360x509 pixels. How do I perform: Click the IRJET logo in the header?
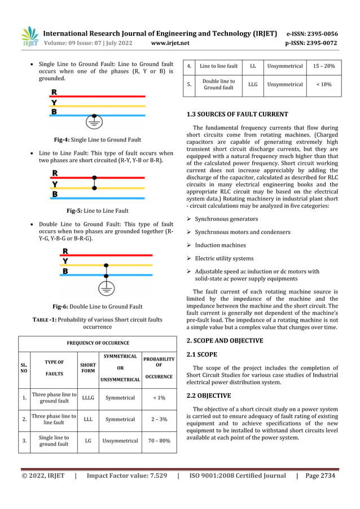[x=30, y=36]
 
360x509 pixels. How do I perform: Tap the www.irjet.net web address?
[x=170, y=43]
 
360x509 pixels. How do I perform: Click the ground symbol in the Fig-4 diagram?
[x=94, y=122]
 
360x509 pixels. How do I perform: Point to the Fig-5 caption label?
[x=97, y=210]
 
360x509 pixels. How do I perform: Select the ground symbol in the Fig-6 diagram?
[x=105, y=288]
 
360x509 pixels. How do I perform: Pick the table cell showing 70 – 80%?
[x=159, y=440]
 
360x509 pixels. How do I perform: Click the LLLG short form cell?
[x=88, y=398]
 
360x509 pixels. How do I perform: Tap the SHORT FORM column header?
[x=88, y=368]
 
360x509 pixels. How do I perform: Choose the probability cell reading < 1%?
[x=159, y=398]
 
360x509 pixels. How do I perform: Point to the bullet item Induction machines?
[x=220, y=245]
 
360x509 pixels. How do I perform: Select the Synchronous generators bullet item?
[x=226, y=219]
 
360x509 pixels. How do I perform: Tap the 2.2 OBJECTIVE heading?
[x=208, y=396]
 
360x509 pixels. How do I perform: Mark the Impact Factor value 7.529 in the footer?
[x=127, y=476]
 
